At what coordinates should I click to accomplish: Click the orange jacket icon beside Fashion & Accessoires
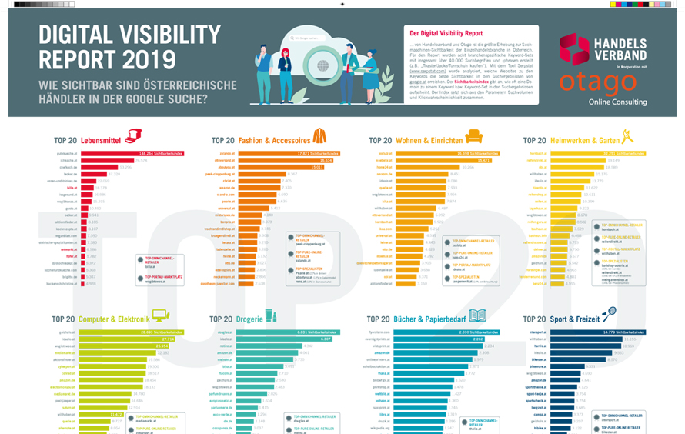(x=319, y=137)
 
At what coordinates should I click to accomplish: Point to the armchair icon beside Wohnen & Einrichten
(x=474, y=137)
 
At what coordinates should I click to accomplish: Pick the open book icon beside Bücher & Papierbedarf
(x=477, y=315)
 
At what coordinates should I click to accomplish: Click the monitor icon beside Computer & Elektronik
(x=160, y=315)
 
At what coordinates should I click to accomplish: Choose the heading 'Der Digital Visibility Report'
(x=446, y=34)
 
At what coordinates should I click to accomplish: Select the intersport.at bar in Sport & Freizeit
(x=593, y=332)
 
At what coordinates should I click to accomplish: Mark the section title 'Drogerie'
(x=249, y=319)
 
